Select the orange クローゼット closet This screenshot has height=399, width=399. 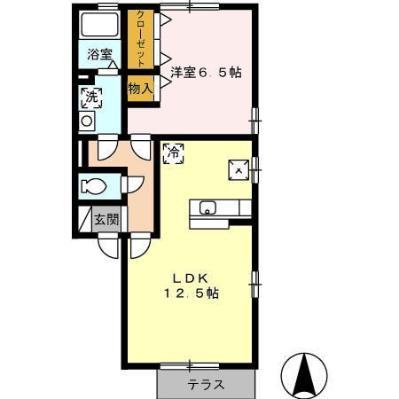138,39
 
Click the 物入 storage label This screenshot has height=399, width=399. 140,88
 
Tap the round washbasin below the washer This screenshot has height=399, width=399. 88,120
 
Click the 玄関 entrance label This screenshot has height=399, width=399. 106,220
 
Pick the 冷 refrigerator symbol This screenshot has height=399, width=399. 174,153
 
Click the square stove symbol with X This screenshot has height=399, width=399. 237,168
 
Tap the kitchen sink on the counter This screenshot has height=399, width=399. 207,208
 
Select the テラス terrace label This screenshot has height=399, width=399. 205,386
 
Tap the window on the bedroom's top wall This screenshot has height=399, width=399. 192,6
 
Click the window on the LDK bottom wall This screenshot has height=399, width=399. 189,364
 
